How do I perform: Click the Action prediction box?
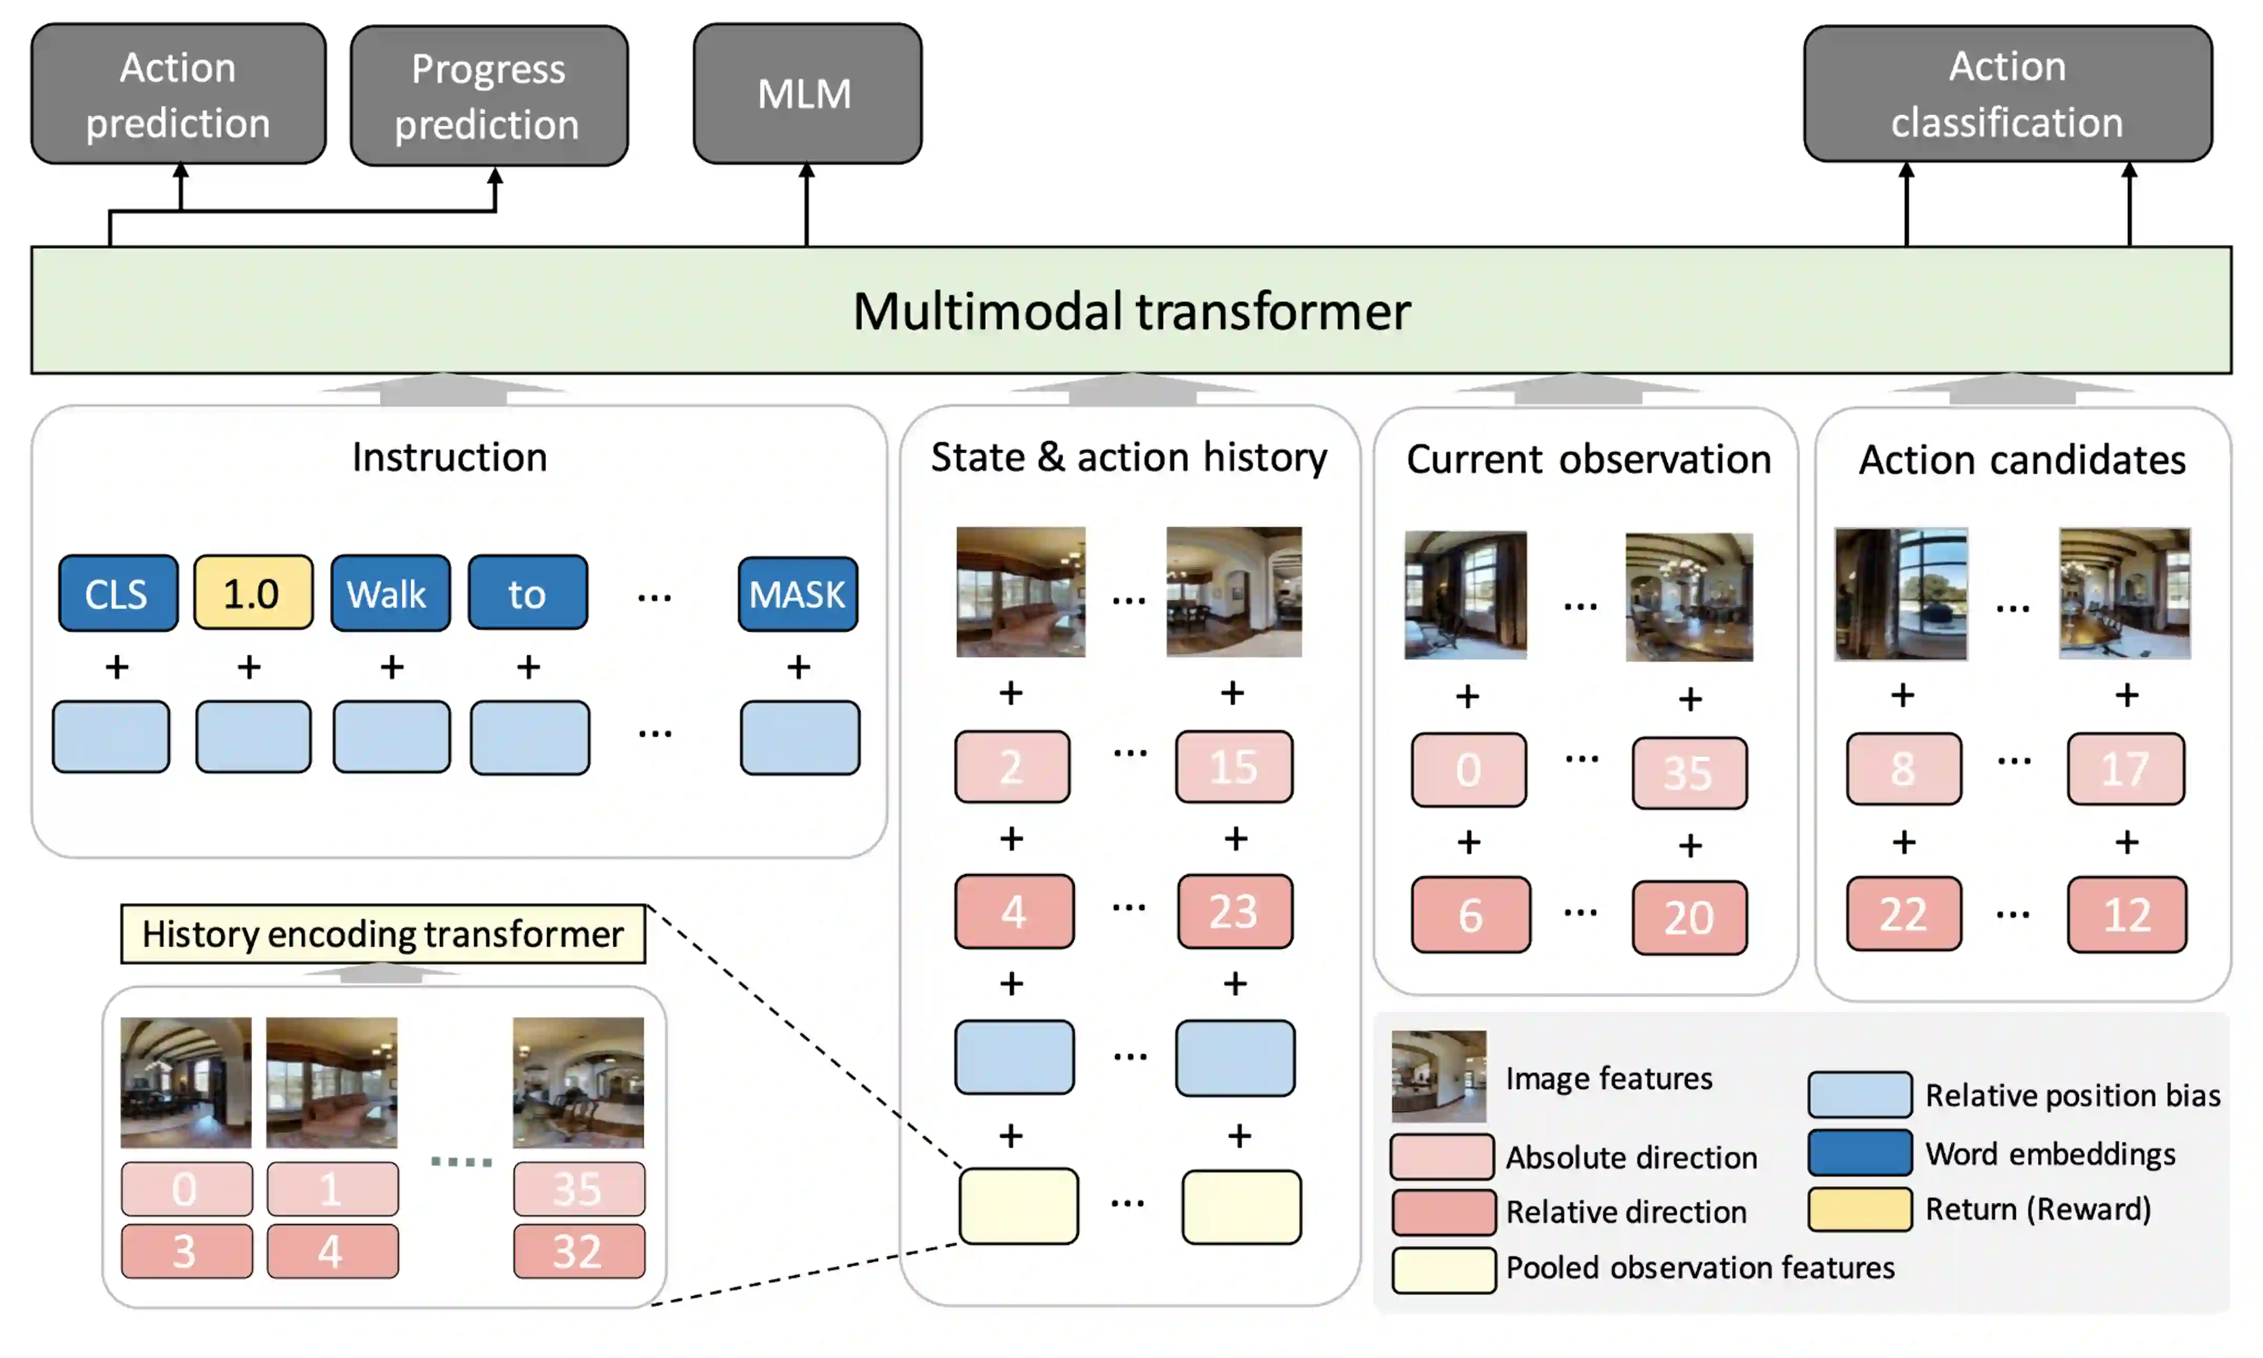coord(178,94)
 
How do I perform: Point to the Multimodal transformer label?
coord(1131,311)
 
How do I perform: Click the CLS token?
coord(117,594)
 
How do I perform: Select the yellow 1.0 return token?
coord(252,594)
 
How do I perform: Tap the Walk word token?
coord(390,594)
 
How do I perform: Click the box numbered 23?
coord(1235,911)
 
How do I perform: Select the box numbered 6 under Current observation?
coord(1470,915)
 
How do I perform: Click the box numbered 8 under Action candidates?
coord(1903,769)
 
